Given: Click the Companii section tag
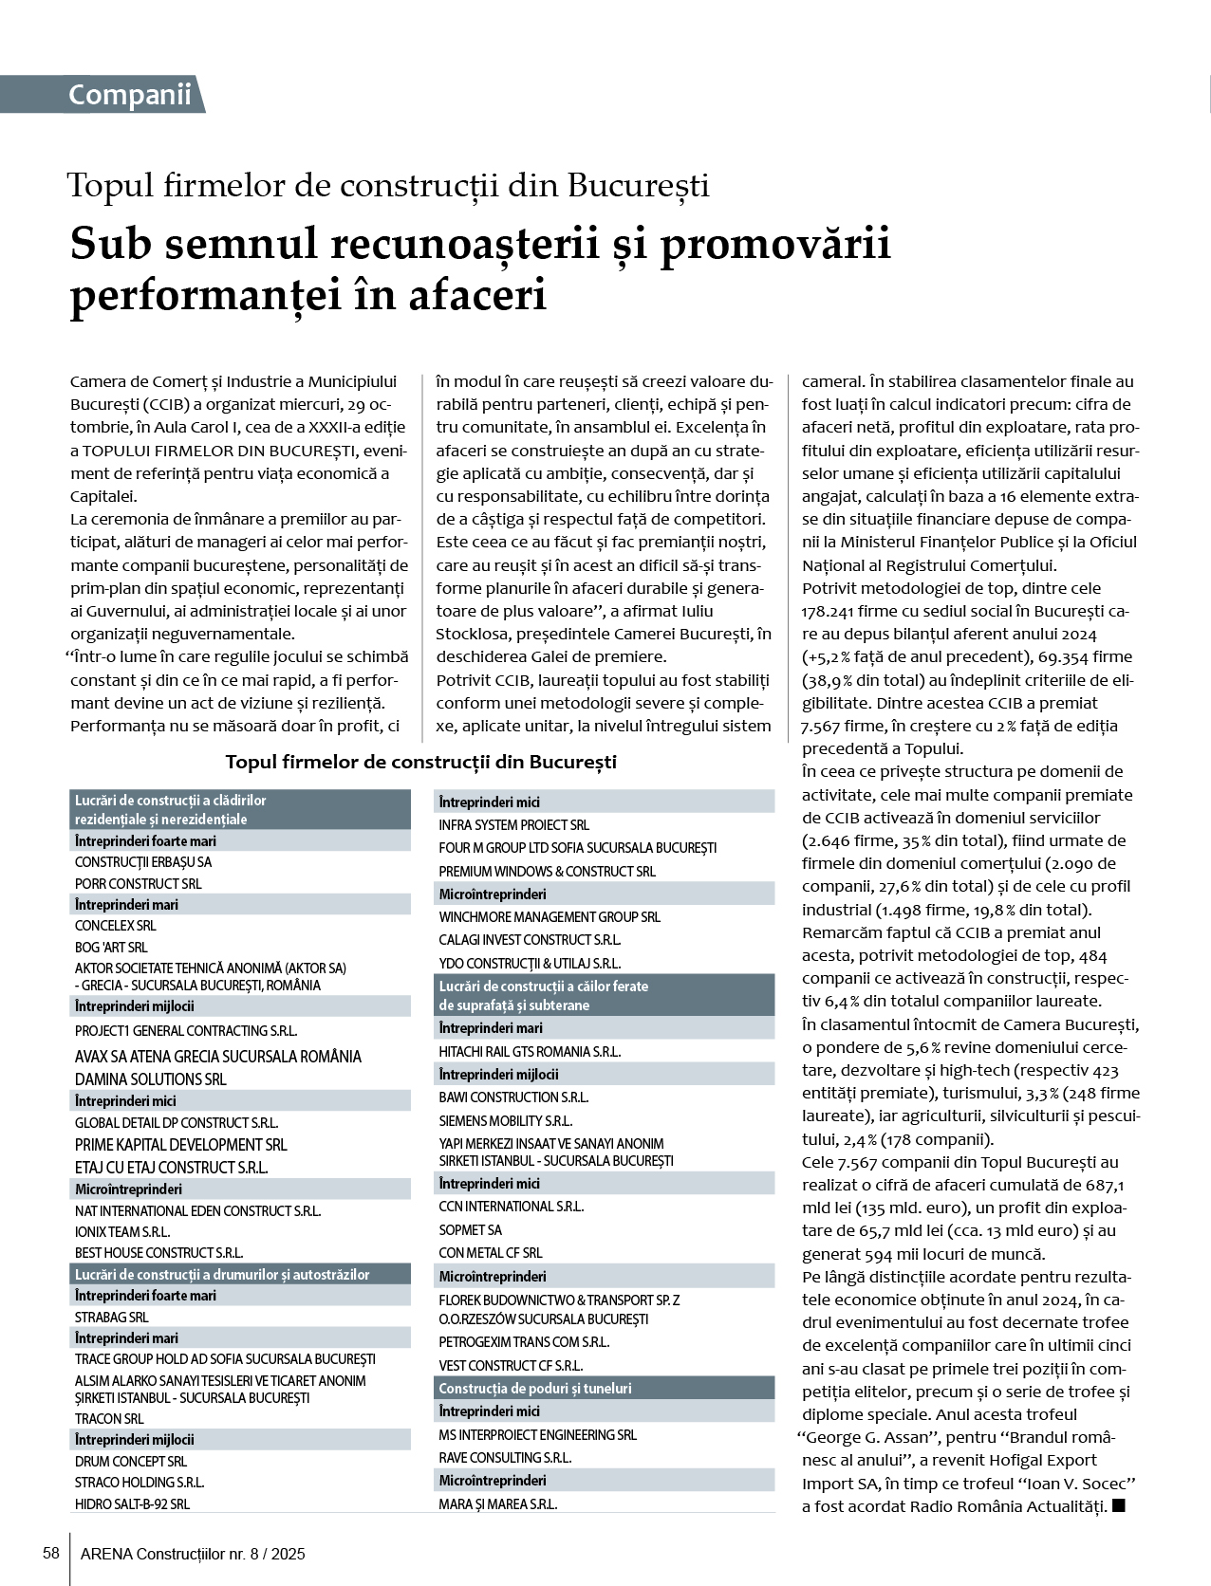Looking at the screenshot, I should tap(129, 95).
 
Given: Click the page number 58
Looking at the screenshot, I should tap(51, 1553).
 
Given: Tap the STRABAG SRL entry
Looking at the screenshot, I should tap(112, 1317).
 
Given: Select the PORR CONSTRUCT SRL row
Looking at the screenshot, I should tap(139, 883).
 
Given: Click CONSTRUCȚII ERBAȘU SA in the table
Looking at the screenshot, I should tap(143, 862).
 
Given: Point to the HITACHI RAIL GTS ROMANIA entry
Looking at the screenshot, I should tap(530, 1051).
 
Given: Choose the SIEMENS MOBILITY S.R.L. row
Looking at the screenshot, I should tap(505, 1120).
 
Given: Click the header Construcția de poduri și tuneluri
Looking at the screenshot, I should tap(535, 1388).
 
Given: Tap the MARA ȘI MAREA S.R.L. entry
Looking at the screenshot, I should tap(497, 1503).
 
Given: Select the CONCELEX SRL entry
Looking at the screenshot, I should tap(116, 926).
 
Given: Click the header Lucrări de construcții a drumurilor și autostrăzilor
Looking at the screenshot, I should tap(222, 1274).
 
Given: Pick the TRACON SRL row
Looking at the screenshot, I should tap(109, 1419).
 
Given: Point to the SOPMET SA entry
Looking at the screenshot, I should tap(470, 1229).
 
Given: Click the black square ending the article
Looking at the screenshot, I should tap(1118, 1505).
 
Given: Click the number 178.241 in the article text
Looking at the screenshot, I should tap(832, 611).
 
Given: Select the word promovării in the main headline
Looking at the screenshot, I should tap(774, 244).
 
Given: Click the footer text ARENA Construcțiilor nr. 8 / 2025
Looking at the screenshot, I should tap(193, 1554).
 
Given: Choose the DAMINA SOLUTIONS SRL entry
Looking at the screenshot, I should tap(151, 1079).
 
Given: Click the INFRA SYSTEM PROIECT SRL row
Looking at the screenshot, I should tap(513, 825).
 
